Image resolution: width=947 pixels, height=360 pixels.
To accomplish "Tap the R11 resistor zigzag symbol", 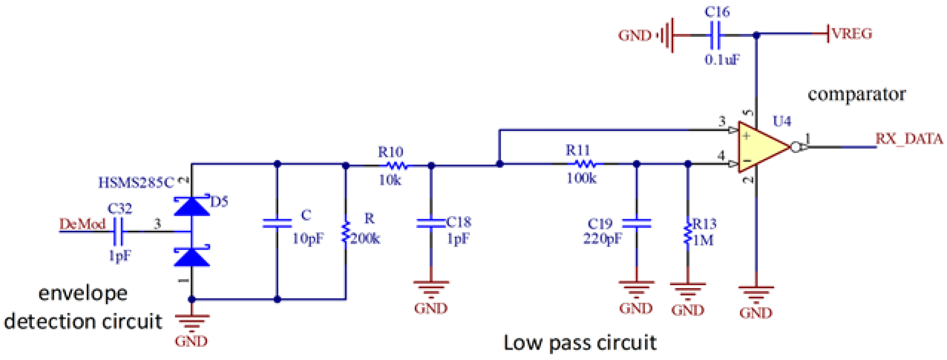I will pyautogui.click(x=585, y=164).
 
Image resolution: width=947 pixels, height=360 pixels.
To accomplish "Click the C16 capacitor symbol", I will pyautogui.click(x=715, y=35).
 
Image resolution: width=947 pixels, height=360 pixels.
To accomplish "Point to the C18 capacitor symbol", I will pyautogui.click(x=431, y=223).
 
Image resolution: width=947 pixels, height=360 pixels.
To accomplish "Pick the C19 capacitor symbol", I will pyautogui.click(x=636, y=223).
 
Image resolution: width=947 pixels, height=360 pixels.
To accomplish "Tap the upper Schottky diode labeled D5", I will pyautogui.click(x=192, y=206).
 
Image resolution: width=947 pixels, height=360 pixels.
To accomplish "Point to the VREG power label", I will pyautogui.click(x=852, y=34).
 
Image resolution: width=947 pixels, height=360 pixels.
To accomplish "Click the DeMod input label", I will pyautogui.click(x=82, y=224).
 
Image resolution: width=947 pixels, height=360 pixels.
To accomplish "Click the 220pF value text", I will pyautogui.click(x=602, y=239).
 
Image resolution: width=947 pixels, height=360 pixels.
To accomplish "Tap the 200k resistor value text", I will pyautogui.click(x=365, y=239).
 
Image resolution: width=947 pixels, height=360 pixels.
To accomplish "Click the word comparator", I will pyautogui.click(x=856, y=95).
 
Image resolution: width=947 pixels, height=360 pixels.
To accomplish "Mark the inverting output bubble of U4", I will pyautogui.click(x=795, y=147).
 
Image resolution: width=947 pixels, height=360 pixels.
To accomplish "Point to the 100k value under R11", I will pyautogui.click(x=581, y=179).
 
